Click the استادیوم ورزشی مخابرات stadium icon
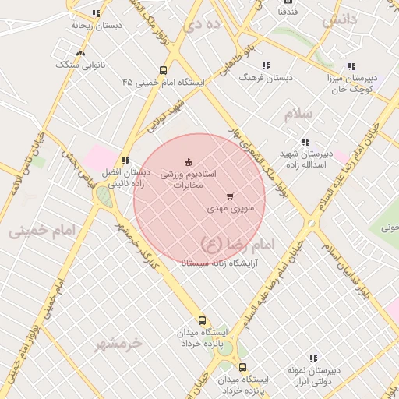[x=187, y=162]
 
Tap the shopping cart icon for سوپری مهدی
[x=229, y=196]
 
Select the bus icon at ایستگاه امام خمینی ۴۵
[x=163, y=69]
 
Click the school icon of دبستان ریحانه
[x=96, y=13]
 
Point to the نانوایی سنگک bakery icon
[x=81, y=53]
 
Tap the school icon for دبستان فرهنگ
[x=266, y=66]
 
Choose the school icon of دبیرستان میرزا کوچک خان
[x=351, y=67]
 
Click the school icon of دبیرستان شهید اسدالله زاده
[x=305, y=142]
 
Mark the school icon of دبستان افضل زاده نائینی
[x=125, y=161]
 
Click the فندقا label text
[x=286, y=13]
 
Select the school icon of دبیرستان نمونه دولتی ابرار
[x=313, y=358]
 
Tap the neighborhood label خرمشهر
[x=119, y=343]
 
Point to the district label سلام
[x=298, y=114]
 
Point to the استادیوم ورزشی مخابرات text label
[x=192, y=179]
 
